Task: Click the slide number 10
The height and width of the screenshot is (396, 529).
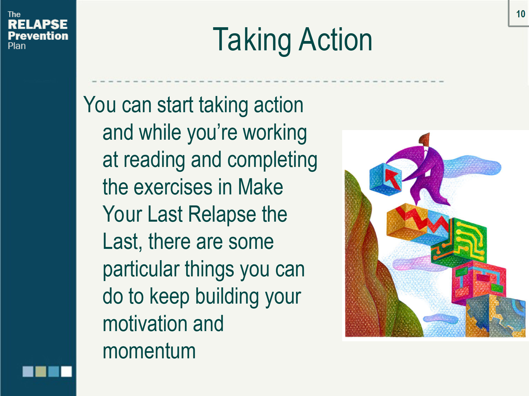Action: coord(520,14)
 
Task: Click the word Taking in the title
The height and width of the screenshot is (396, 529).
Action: coord(252,40)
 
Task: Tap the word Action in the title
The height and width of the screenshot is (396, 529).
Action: coord(335,40)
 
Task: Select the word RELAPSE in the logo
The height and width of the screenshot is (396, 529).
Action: coord(37,24)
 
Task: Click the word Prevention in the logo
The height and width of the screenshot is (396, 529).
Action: coord(38,36)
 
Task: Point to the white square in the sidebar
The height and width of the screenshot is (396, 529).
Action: coord(66,371)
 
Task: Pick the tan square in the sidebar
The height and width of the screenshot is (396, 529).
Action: coord(41,371)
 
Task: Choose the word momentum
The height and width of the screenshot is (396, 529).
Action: coord(149,351)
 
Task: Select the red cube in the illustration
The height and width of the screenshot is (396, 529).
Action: coord(479,283)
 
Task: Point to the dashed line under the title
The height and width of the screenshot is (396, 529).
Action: coord(268,81)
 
